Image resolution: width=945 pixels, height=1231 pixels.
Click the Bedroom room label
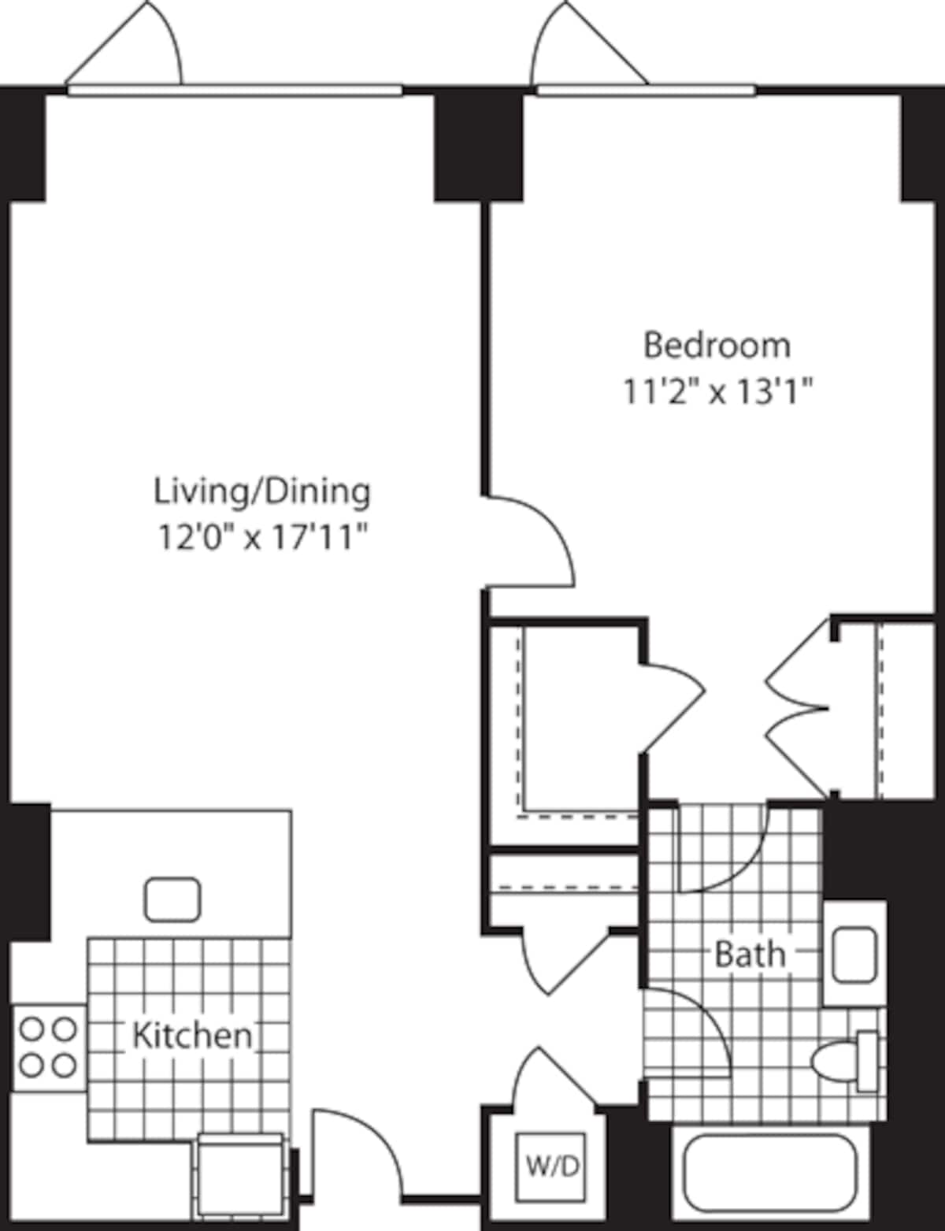[717, 346]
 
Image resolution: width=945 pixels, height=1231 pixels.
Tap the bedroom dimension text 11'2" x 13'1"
[717, 391]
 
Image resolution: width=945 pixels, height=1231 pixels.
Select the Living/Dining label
[261, 491]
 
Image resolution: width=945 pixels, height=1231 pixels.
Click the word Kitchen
[192, 1035]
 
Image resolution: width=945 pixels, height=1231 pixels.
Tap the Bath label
[750, 954]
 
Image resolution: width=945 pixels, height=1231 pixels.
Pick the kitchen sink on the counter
[172, 899]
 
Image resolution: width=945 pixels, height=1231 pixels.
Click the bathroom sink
[854, 955]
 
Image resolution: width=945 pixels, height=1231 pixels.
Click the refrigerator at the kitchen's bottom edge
[240, 1174]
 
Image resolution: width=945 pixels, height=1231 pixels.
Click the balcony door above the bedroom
[587, 47]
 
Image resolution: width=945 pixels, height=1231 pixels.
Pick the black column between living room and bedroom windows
[479, 146]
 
